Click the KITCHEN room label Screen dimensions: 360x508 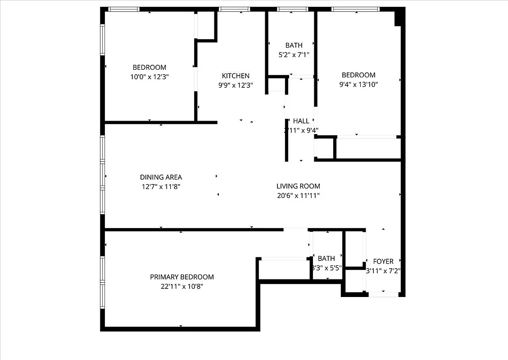click(x=235, y=76)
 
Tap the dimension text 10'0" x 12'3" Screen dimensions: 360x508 click(x=149, y=76)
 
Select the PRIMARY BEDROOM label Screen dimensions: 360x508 click(x=181, y=277)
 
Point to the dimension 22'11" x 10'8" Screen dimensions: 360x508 click(x=181, y=286)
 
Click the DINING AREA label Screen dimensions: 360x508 click(x=161, y=177)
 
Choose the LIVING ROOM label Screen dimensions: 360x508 click(x=298, y=186)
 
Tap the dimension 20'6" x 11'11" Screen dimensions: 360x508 click(x=298, y=195)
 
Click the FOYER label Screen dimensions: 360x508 click(x=383, y=261)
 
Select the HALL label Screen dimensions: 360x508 click(x=301, y=121)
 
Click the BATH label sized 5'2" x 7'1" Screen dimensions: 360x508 click(x=294, y=45)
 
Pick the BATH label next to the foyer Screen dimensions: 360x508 click(x=326, y=258)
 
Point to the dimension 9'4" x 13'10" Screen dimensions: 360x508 click(x=358, y=84)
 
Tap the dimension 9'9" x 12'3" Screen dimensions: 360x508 click(x=235, y=85)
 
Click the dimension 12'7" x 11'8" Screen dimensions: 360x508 click(x=161, y=186)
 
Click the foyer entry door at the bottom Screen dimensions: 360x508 click(x=384, y=294)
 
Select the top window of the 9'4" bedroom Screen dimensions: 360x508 click(x=355, y=9)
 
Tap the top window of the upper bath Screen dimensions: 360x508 click(x=292, y=9)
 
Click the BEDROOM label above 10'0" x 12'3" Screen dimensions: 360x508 click(x=149, y=67)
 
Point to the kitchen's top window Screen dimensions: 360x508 click(x=234, y=9)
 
